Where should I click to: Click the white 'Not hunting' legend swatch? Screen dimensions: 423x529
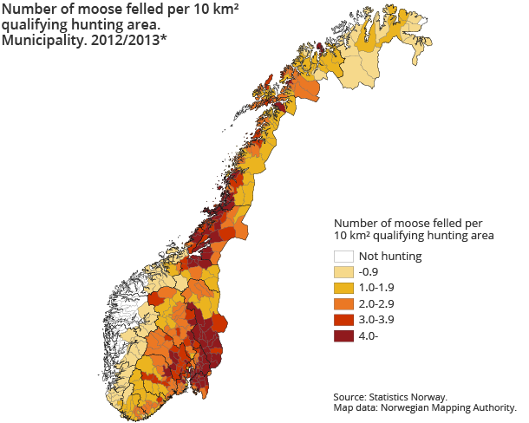click(x=343, y=257)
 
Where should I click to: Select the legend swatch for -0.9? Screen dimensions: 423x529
click(x=343, y=273)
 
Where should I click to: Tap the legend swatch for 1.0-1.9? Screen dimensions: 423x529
click(x=343, y=289)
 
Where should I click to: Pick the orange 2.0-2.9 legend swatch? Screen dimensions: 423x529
click(x=343, y=304)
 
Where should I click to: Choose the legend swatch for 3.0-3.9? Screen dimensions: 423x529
click(x=343, y=320)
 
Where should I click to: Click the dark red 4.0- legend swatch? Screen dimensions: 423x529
click(x=343, y=336)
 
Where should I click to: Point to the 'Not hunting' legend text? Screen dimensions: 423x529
click(x=390, y=257)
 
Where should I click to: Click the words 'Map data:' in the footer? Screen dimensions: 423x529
click(x=356, y=407)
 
